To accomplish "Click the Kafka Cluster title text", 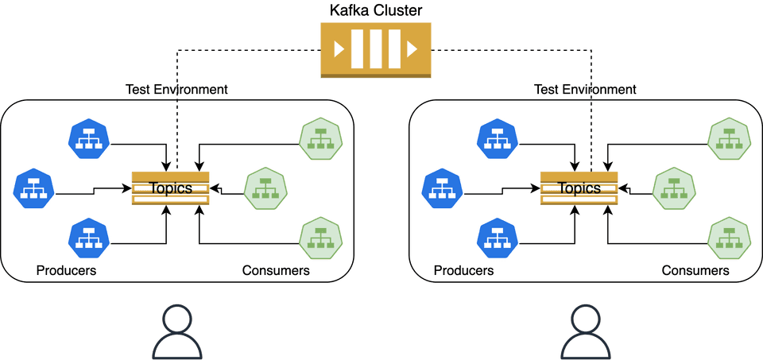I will click(376, 10).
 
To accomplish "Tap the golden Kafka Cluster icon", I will click(376, 49).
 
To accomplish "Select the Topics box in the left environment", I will click(170, 188).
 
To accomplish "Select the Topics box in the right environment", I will click(579, 188).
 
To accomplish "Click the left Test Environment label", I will click(176, 89).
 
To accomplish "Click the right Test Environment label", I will click(585, 89).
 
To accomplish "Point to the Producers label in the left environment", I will click(66, 271).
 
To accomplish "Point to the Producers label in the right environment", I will click(463, 271).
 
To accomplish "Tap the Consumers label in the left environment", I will click(276, 271).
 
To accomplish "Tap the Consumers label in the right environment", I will click(695, 271).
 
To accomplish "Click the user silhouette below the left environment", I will click(177, 331).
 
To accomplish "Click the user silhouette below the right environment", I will click(586, 331).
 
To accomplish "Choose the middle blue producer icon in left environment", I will click(33, 188).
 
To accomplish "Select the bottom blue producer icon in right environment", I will click(498, 238).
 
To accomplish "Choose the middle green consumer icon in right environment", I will click(674, 188).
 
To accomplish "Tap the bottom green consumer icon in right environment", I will click(730, 238).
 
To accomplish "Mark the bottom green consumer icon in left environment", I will click(321, 238).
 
